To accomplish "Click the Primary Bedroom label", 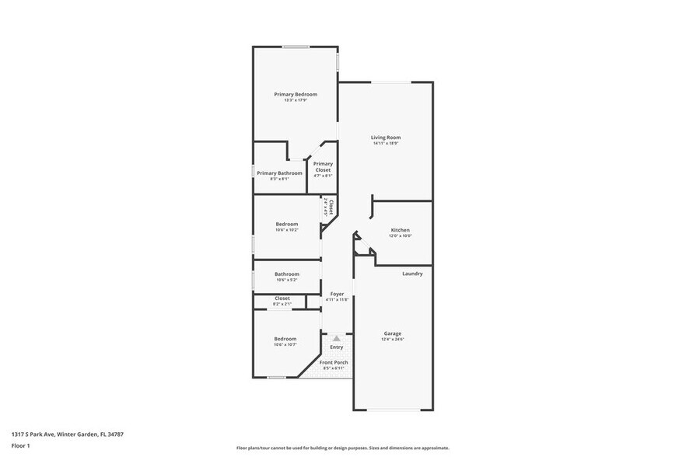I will click(296, 94).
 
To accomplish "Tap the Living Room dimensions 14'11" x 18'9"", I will click(385, 144).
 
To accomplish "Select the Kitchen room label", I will click(400, 230).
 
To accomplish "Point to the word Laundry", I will click(412, 274).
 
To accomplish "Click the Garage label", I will click(392, 333).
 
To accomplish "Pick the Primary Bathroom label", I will click(279, 173).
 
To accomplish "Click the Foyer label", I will click(337, 294).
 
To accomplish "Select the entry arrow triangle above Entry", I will click(336, 338).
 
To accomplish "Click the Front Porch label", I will click(334, 362).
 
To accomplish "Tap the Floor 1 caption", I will click(20, 445).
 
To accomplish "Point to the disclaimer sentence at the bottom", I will click(342, 448).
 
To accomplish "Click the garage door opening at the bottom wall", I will click(394, 410).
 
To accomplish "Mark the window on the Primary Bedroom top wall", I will click(296, 47).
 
